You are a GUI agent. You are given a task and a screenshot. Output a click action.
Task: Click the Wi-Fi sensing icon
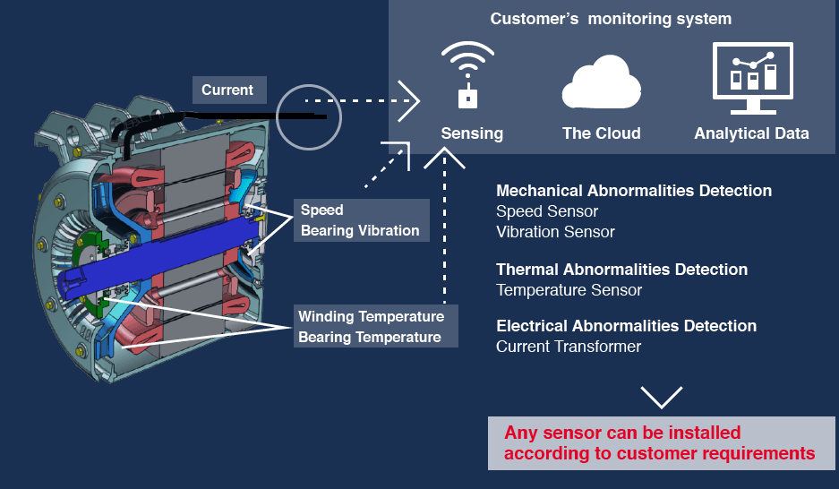pyautogui.click(x=467, y=76)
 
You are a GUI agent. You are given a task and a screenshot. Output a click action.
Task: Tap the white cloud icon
pyautogui.click(x=601, y=82)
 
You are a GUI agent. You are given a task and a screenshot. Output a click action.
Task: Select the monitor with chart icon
pyautogui.click(x=752, y=78)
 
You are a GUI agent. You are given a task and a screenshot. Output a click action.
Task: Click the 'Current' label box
pyautogui.click(x=227, y=90)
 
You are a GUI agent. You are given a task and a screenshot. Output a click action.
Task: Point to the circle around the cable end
pyautogui.click(x=309, y=116)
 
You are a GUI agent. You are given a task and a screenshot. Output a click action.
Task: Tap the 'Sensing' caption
pyautogui.click(x=472, y=133)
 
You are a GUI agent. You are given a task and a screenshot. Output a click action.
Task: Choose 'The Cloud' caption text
pyautogui.click(x=601, y=133)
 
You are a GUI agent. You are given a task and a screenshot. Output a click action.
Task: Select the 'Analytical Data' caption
pyautogui.click(x=751, y=133)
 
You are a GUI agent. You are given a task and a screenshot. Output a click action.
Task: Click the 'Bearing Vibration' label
pyautogui.click(x=360, y=230)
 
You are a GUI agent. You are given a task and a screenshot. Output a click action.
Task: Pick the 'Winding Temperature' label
pyautogui.click(x=371, y=317)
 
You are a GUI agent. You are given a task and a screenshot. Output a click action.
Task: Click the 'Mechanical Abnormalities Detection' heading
pyautogui.click(x=634, y=191)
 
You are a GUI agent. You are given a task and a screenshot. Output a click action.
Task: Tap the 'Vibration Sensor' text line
pyautogui.click(x=555, y=232)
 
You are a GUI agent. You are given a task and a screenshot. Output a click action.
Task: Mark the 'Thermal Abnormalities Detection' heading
pyautogui.click(x=621, y=270)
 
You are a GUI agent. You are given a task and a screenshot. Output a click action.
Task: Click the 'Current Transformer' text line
pyautogui.click(x=569, y=347)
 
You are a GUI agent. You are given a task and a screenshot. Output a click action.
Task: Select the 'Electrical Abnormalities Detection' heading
pyautogui.click(x=626, y=326)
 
